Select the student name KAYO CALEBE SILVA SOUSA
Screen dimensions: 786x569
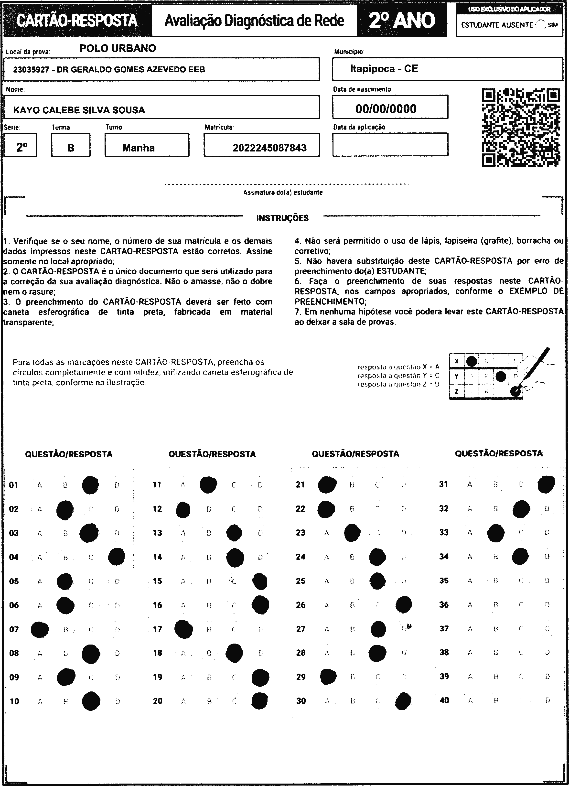click(79, 110)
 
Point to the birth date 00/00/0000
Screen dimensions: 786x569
click(386, 109)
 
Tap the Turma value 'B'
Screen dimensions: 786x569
click(71, 148)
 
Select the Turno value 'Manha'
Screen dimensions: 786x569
click(138, 148)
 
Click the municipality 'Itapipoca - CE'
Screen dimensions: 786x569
click(384, 69)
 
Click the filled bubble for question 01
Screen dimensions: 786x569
click(90, 485)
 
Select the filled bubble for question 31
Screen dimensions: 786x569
click(546, 484)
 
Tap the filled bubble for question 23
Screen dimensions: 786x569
click(352, 533)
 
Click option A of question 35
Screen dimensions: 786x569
click(470, 581)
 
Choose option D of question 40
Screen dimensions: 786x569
click(547, 700)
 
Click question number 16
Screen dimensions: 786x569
click(157, 605)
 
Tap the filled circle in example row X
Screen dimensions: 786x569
click(471, 361)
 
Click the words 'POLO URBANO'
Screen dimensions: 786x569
click(118, 48)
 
